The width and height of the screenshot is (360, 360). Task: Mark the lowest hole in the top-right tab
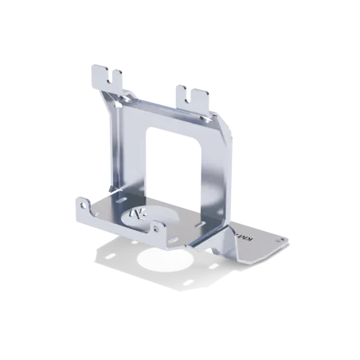tap(189, 101)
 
